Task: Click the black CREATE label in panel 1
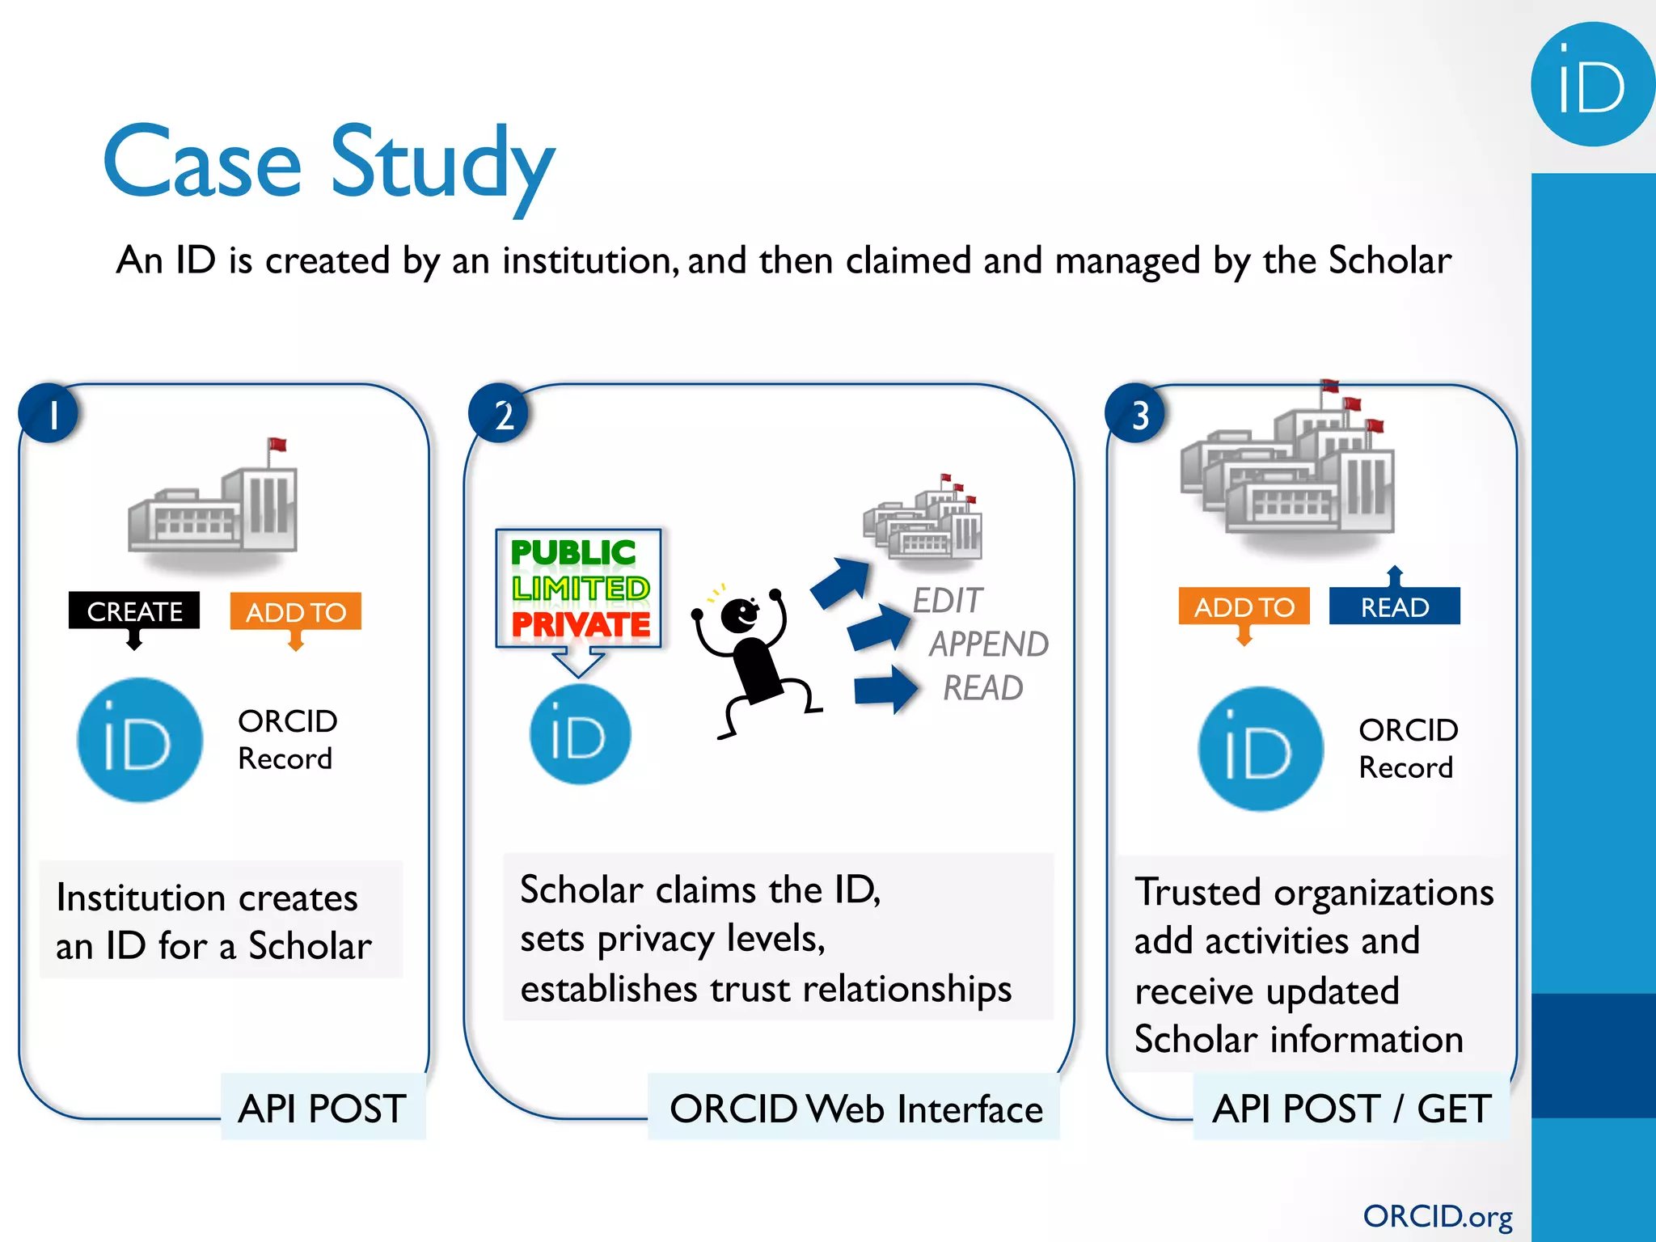click(x=134, y=611)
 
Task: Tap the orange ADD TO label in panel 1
click(x=296, y=612)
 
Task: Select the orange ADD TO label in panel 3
click(x=1244, y=606)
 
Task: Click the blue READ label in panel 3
click(x=1394, y=606)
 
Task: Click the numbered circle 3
click(x=1136, y=414)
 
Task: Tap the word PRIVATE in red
click(x=581, y=625)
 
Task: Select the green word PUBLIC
click(x=572, y=553)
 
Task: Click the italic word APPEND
click(x=988, y=644)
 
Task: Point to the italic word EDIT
click(x=948, y=601)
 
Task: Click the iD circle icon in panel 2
click(x=580, y=734)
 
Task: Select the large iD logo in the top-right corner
click(x=1591, y=85)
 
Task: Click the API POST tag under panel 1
click(x=323, y=1108)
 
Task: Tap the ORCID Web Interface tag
click(x=855, y=1109)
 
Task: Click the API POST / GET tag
click(x=1351, y=1108)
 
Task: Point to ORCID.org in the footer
click(x=1437, y=1216)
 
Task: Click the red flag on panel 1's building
click(x=277, y=444)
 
